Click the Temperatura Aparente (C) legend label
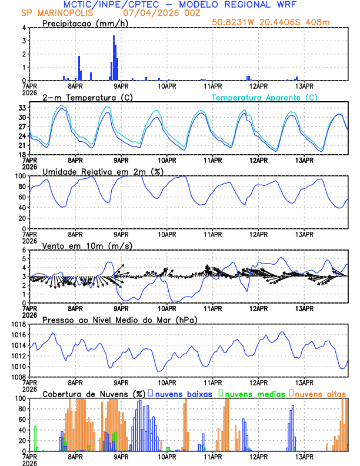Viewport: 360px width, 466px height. click(265, 97)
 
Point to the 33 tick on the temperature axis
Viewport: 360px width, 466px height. click(22, 108)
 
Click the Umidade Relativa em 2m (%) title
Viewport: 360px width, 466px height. click(98, 171)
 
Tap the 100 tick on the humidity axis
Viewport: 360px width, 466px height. click(20, 176)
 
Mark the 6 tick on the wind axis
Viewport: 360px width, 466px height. click(24, 250)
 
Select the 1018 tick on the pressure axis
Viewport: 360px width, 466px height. click(18, 324)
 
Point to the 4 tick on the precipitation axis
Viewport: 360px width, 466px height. click(24, 28)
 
